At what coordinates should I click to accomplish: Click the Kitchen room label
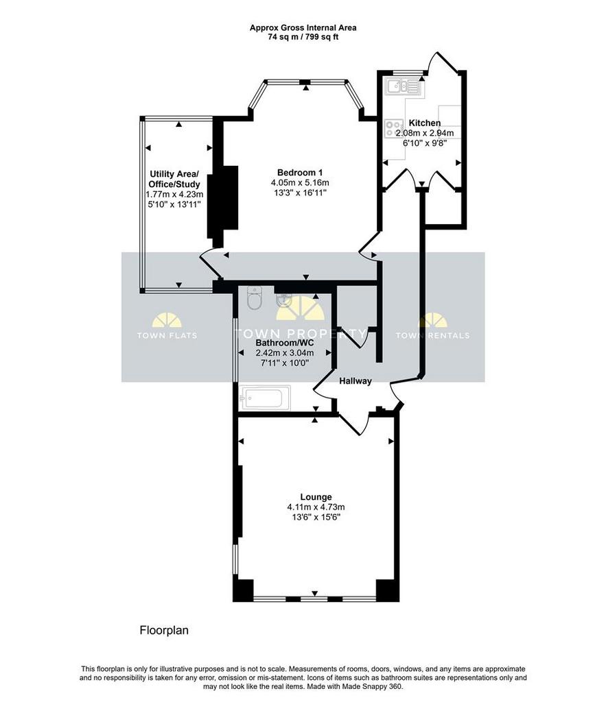pos(424,123)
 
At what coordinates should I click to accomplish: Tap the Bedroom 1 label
pos(300,172)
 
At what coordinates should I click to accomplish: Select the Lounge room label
pos(316,497)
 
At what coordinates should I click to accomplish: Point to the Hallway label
pos(356,381)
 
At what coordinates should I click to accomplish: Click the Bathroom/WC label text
pos(285,343)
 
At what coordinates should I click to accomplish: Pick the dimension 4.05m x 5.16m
pos(300,182)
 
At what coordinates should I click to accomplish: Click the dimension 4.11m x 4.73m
pos(316,507)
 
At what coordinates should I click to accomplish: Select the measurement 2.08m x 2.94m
pos(424,133)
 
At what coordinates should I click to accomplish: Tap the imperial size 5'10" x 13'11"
pos(174,204)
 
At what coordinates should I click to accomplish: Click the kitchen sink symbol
pos(402,86)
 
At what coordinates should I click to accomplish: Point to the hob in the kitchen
pos(394,128)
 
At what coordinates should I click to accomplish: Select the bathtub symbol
pos(265,398)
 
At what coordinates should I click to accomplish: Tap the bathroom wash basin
pos(283,300)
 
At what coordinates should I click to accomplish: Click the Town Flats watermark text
pos(167,335)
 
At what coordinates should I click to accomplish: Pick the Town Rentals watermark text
pos(432,335)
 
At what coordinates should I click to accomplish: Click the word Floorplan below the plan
pos(164,631)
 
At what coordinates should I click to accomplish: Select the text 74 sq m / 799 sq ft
pos(303,37)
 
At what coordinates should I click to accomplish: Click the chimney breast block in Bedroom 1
pos(223,202)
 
